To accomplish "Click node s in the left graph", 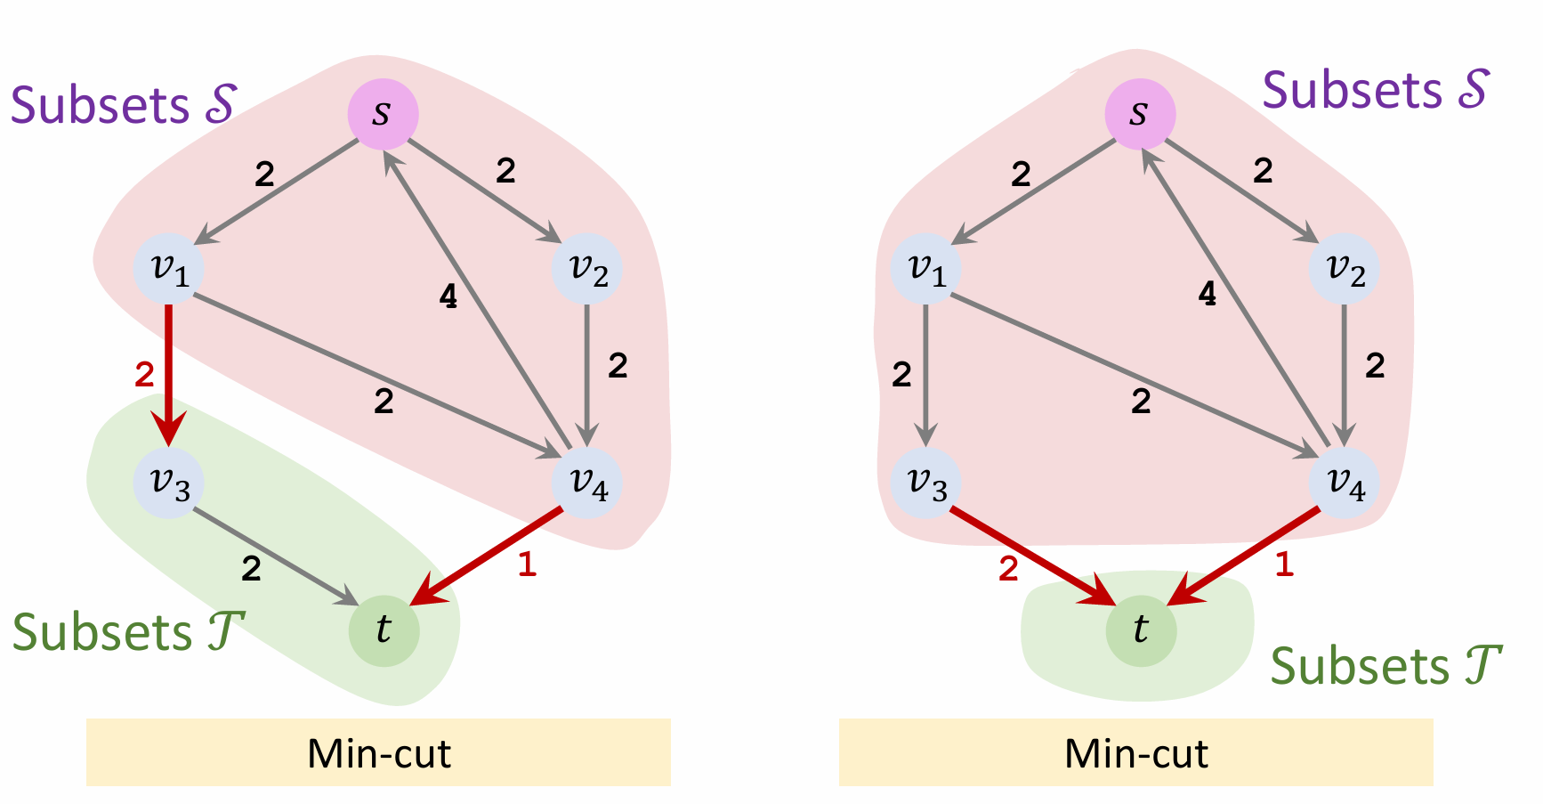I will coord(383,114).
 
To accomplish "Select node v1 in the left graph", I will coord(169,269).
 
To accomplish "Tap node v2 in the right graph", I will coord(1344,269).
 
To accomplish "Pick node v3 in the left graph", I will coord(169,483).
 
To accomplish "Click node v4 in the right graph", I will coord(1344,483).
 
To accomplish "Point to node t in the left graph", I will coord(384,630).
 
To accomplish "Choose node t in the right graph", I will coord(1141,630).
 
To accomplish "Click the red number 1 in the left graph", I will coord(527,564).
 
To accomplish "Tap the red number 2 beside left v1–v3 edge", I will coord(144,375).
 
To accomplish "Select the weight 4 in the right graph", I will coord(1208,294).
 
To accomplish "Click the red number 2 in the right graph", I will coord(1008,568).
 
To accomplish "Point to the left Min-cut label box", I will coord(378,753).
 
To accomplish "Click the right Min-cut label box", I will coord(1135,753).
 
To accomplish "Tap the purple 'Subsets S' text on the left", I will coord(123,105).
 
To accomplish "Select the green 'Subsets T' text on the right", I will coord(1385,666).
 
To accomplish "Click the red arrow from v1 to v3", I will coord(168,374).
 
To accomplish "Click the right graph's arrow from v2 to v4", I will coord(1344,374).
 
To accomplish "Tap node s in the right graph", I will coord(1140,114).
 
